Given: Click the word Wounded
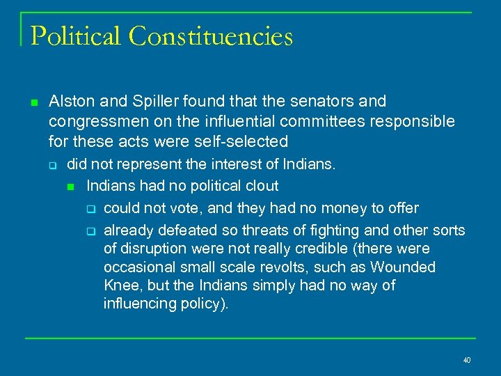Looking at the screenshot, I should tap(403, 267).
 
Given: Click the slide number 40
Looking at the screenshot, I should tap(466, 360).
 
